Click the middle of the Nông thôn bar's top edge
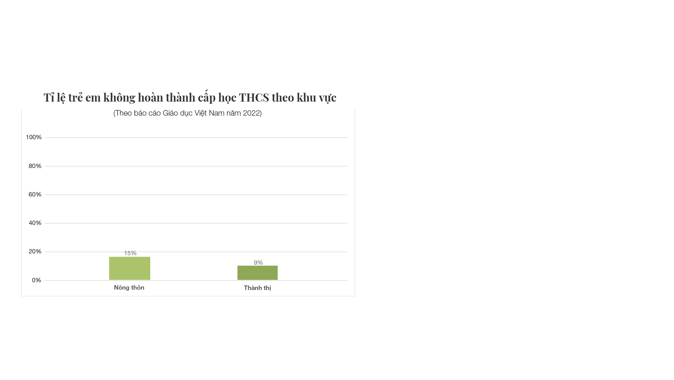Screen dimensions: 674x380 129,257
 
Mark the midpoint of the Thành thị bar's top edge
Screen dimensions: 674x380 258,266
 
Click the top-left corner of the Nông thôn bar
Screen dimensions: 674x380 109,257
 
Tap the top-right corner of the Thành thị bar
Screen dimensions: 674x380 278,266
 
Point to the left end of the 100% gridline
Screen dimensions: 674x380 45,137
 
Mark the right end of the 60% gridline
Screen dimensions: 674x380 347,195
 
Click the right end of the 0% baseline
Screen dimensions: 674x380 347,281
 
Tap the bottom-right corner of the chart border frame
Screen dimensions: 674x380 355,296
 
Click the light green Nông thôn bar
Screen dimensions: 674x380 129,269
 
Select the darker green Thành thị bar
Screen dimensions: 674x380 258,273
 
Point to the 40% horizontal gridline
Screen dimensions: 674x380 196,223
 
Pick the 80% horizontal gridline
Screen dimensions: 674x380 196,166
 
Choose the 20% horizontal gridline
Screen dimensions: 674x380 196,252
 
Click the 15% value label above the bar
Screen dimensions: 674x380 130,253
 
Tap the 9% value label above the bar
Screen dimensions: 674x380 258,263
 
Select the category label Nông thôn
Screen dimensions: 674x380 129,288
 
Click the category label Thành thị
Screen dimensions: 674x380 258,288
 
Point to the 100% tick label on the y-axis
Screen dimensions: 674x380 34,137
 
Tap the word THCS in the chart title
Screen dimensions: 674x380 254,97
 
